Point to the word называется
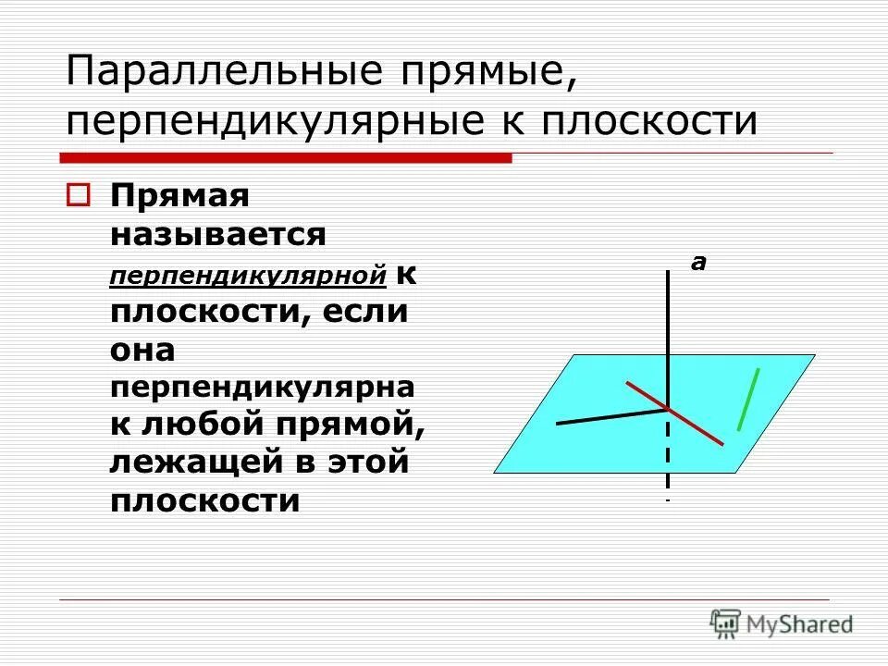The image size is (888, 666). pos(218,234)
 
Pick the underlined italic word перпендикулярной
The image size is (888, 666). pos(248,275)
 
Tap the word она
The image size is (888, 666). pos(142,350)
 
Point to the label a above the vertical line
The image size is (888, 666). pos(698,264)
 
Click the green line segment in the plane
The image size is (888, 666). pos(748,399)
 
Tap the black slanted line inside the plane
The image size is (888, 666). pos(610,415)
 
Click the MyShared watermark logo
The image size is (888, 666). pos(782,623)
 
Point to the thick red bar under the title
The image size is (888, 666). pos(286,158)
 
